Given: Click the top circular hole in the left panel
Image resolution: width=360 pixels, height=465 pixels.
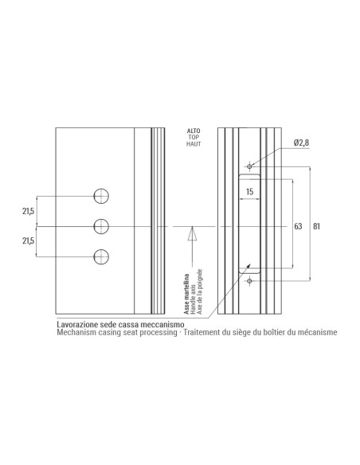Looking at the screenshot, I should point(101,196).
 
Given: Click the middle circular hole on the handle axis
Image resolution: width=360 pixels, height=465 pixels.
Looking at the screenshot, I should point(101,226).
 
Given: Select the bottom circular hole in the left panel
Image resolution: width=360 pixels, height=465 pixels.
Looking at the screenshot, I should point(101,256).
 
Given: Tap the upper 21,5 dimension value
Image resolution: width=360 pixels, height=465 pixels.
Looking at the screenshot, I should point(28,211).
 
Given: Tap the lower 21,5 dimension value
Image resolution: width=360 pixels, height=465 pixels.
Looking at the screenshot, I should point(28,241).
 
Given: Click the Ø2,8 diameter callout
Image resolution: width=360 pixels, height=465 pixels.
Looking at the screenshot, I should point(301,142).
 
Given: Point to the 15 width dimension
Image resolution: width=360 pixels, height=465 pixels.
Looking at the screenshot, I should point(249,192).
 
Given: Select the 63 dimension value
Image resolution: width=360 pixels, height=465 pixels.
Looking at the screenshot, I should point(298,226).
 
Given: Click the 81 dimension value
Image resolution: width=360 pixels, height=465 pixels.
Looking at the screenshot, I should point(317,226).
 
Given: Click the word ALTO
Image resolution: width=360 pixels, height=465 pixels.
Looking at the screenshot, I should point(193,130).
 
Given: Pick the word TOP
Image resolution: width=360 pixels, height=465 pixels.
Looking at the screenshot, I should point(193,137).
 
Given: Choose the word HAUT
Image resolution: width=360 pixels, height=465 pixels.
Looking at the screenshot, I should point(193,144).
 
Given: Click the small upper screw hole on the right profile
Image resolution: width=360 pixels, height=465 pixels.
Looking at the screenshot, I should point(250,166).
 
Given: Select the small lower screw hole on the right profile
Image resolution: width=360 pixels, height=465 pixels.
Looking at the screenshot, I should point(250,281).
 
